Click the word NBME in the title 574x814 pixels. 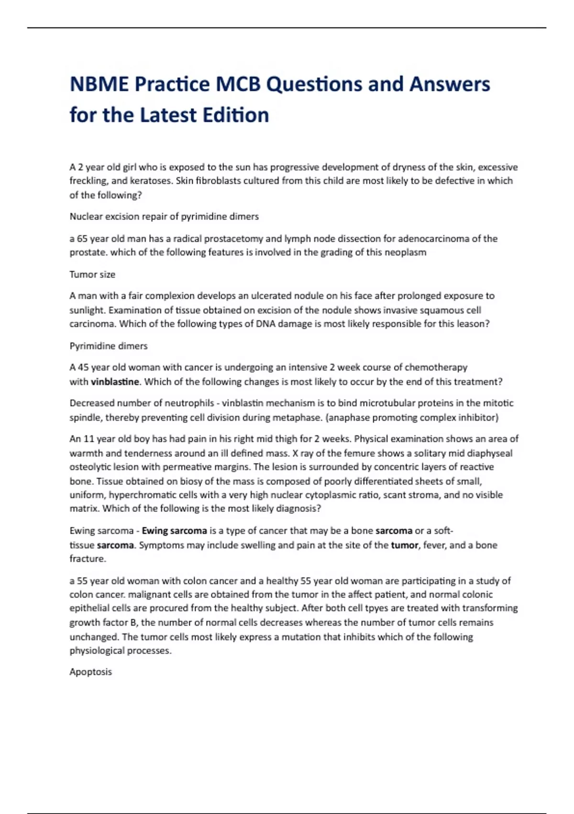[99, 84]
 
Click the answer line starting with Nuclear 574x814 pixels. [164, 216]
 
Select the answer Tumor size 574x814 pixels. [92, 274]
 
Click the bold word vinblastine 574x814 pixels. [115, 382]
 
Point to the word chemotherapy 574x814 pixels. [436, 367]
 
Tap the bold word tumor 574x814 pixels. [404, 545]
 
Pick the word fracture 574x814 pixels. [87, 559]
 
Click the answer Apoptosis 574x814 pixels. [90, 672]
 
